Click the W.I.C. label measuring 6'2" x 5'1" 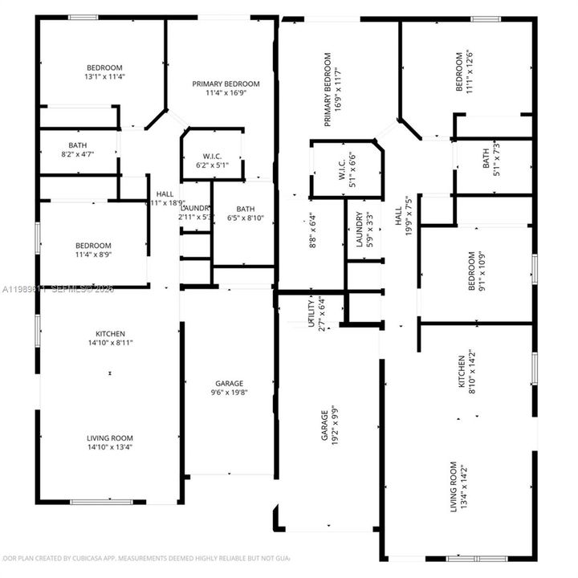pyautogui.click(x=213, y=156)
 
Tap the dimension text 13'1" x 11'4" pyautogui.click(x=104, y=78)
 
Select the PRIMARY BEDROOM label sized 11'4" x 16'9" pyautogui.click(x=226, y=83)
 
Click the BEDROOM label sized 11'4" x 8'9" pyautogui.click(x=94, y=246)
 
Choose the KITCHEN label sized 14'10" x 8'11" pyautogui.click(x=111, y=334)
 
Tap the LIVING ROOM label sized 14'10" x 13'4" pyautogui.click(x=110, y=438)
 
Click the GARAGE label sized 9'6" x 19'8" pyautogui.click(x=229, y=384)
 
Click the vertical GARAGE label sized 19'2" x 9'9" pyautogui.click(x=324, y=426)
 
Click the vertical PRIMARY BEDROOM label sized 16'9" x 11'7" pyautogui.click(x=328, y=90)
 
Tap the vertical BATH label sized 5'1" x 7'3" pyautogui.click(x=486, y=158)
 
